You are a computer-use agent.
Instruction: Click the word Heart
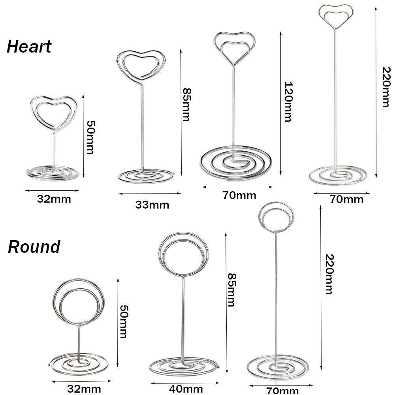(x=29, y=47)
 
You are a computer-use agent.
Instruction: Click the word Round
(x=34, y=246)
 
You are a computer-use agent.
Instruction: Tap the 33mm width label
(x=152, y=205)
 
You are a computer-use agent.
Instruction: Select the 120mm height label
(x=288, y=102)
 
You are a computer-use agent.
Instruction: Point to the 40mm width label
(x=186, y=389)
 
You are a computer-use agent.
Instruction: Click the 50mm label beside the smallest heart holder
(x=90, y=137)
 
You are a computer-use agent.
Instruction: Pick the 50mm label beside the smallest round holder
(x=123, y=322)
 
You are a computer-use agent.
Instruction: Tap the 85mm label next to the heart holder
(x=186, y=105)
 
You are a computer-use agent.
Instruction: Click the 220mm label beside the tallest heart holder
(x=386, y=87)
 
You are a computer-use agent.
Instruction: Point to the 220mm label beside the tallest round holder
(x=329, y=274)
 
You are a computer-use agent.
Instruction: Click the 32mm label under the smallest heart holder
(x=54, y=199)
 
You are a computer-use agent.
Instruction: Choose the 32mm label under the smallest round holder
(x=84, y=389)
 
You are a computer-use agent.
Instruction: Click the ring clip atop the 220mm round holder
(x=276, y=203)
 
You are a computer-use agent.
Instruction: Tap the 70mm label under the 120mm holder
(x=239, y=195)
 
